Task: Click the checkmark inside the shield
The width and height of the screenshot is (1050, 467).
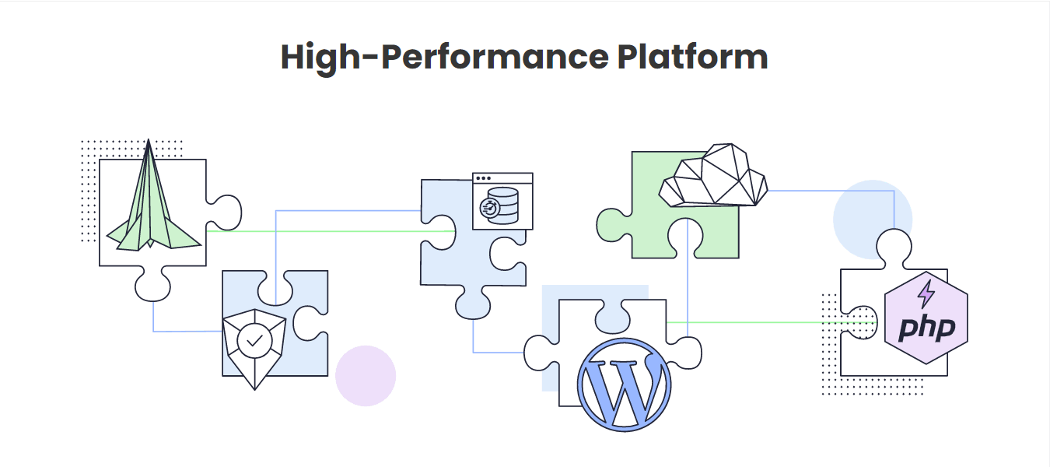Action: (254, 340)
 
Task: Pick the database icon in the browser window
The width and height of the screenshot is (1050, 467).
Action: (499, 205)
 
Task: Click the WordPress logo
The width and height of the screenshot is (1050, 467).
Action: (624, 382)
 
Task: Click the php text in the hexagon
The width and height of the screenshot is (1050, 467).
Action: (926, 328)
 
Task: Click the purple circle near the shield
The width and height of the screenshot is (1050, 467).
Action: (366, 376)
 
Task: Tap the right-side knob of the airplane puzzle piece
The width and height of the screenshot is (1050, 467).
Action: (227, 212)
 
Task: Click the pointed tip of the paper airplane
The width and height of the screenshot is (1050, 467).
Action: (149, 142)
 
